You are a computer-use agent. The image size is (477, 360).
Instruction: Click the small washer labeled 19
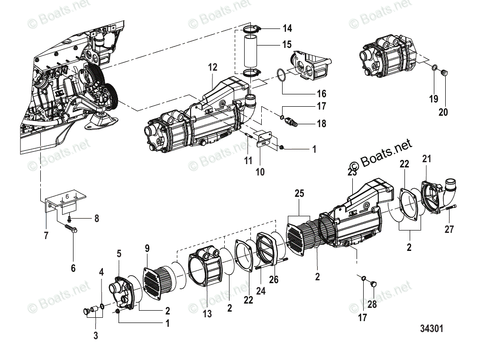pos(434,70)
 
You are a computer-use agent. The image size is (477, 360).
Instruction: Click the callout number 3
pos(95,336)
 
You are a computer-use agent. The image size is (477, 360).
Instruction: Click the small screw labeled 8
pos(70,219)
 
